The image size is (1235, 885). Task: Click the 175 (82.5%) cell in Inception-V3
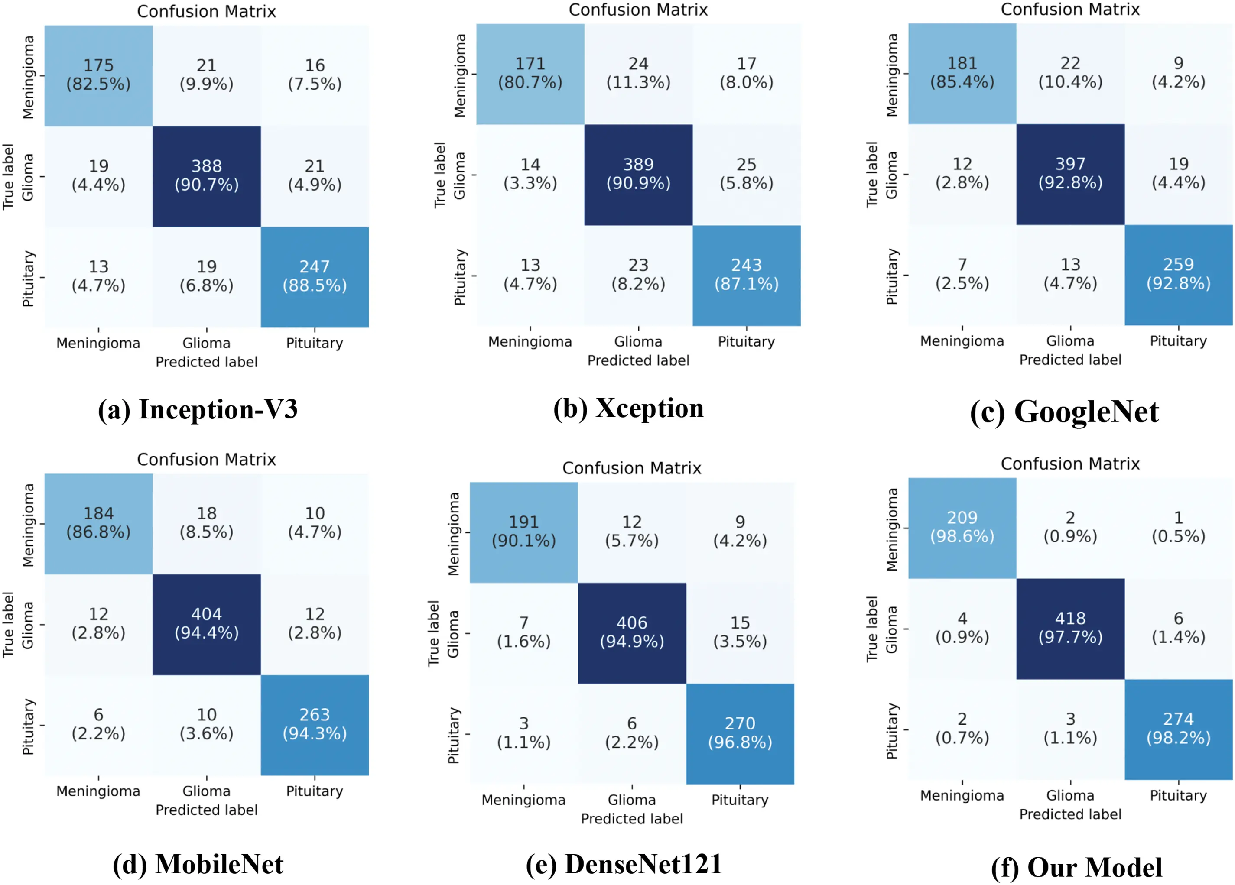tap(98, 75)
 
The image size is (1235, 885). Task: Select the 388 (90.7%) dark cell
tap(206, 175)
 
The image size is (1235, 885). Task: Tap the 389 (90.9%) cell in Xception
tap(638, 174)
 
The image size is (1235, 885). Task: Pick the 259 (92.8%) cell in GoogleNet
tap(1178, 274)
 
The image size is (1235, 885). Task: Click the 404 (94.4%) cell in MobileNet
tap(206, 623)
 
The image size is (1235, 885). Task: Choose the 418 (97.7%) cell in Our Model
tap(1070, 628)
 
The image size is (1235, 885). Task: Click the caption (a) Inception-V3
tap(198, 410)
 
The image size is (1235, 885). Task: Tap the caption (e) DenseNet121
tap(624, 864)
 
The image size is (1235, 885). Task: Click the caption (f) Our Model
tap(1076, 868)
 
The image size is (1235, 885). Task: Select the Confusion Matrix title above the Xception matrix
tap(638, 10)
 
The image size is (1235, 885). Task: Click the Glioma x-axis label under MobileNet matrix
tap(206, 791)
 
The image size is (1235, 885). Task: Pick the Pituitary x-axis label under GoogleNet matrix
tap(1178, 341)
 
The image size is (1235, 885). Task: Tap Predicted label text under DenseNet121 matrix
tap(632, 819)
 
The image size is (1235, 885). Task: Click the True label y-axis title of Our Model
tap(872, 629)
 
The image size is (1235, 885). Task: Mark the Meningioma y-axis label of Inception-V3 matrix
tap(28, 77)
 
